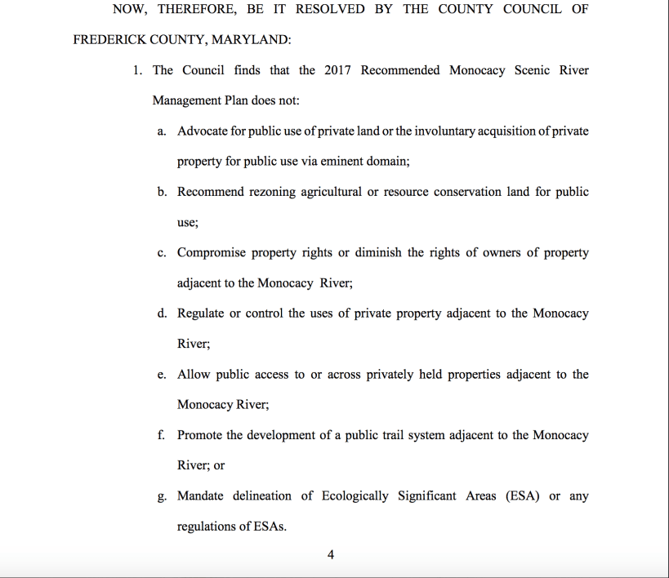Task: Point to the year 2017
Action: (337, 70)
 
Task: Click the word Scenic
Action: (533, 70)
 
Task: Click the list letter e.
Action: (162, 375)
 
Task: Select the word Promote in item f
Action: (199, 435)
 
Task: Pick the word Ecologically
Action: (355, 496)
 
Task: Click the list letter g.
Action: (162, 496)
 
